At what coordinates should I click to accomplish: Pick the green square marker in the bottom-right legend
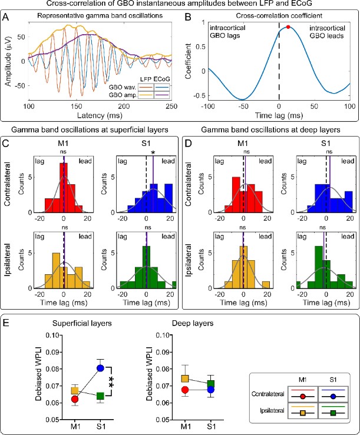click(320, 412)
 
